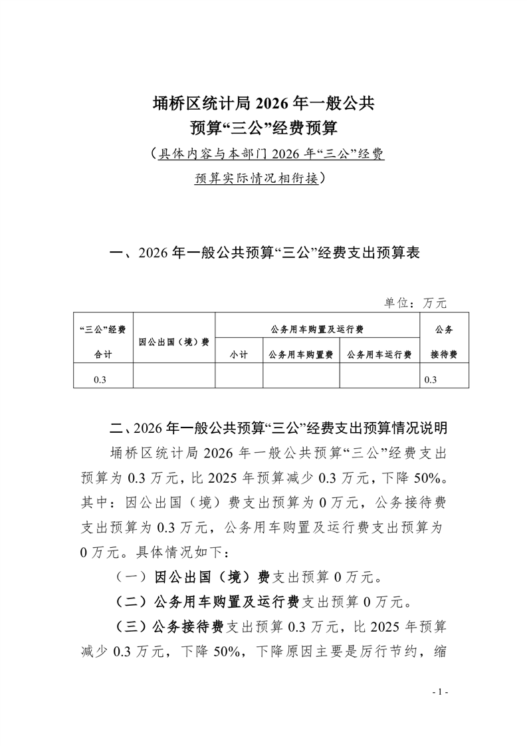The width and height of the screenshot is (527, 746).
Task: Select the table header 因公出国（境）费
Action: coord(174,342)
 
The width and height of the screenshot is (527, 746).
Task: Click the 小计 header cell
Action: coord(239,355)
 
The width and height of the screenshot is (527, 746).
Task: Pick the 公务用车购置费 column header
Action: coord(301,355)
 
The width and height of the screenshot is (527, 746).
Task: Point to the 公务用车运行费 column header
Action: coord(379,355)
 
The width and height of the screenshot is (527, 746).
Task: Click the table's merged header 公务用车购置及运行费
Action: coord(317,329)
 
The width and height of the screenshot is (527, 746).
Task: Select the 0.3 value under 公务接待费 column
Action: coord(431,380)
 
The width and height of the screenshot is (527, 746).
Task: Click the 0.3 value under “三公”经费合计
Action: coord(100,380)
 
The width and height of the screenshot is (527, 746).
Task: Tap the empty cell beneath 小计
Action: coord(239,376)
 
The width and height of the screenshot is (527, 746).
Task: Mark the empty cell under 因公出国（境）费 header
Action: coord(174,376)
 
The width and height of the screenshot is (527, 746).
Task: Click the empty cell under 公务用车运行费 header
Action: coord(379,376)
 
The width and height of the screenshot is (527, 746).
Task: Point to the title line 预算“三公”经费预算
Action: coord(264,126)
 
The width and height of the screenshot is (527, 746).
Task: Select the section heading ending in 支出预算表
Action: coord(264,253)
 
